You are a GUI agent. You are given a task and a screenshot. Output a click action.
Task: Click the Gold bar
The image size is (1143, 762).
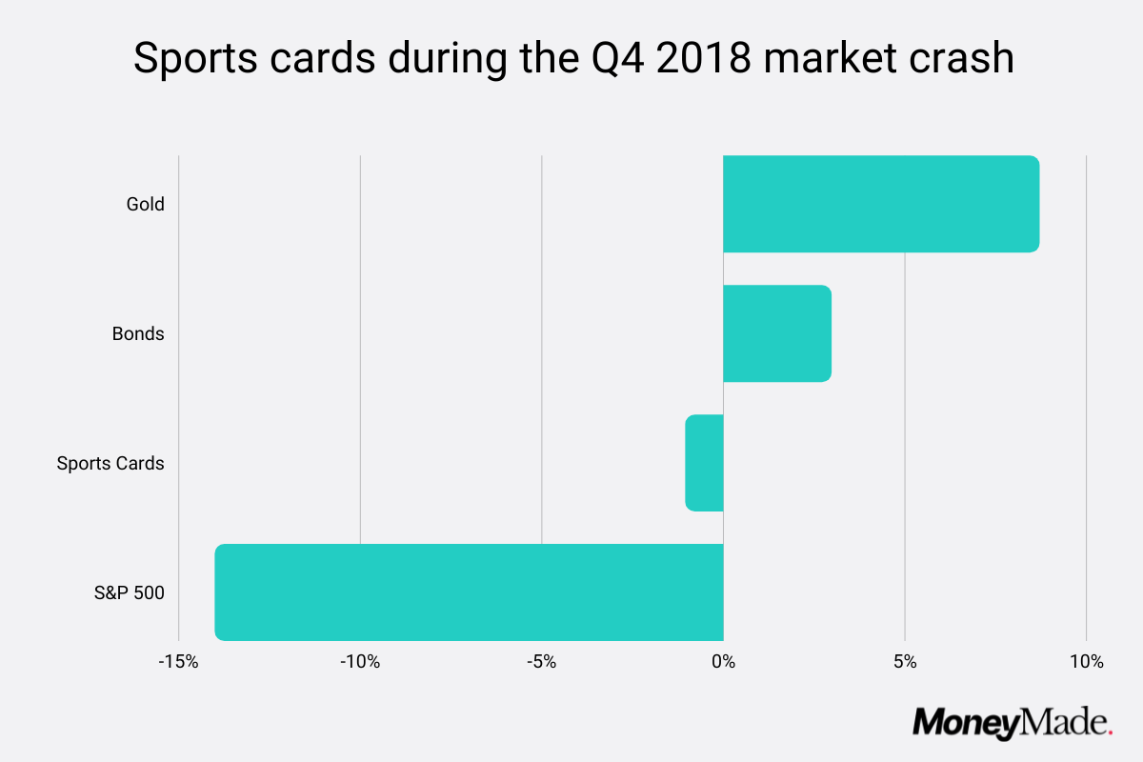coord(880,204)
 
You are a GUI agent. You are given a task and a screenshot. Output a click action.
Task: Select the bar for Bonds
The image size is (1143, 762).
coord(777,333)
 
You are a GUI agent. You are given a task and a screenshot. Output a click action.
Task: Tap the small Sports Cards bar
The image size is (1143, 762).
coord(705,463)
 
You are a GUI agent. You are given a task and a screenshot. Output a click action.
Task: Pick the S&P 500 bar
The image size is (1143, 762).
coord(469,592)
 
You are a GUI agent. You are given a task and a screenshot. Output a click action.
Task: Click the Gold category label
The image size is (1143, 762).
coord(146,204)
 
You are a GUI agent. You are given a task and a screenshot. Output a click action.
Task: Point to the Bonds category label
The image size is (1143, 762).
coord(138,334)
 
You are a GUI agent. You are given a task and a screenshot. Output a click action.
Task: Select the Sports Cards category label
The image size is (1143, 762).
coord(110,464)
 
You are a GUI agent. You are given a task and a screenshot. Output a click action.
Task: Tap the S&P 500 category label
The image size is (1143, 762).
coord(130,593)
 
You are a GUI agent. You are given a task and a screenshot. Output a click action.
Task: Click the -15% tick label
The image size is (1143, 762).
coord(178,661)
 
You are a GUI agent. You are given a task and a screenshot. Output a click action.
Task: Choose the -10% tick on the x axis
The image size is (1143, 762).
coord(360,661)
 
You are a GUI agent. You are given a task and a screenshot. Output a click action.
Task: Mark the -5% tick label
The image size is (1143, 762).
coord(541,661)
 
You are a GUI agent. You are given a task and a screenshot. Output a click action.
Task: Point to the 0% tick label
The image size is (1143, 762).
coord(724,661)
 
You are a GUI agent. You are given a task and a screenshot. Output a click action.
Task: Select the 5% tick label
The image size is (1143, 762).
coord(905,661)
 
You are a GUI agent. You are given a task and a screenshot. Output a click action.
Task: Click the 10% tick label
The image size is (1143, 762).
coord(1086,661)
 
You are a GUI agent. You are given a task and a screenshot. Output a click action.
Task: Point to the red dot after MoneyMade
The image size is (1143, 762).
coord(1110,732)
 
